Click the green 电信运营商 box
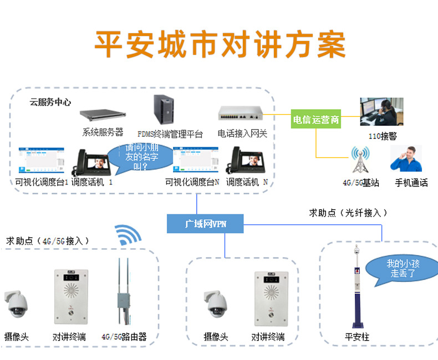316,120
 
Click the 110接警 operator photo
381,112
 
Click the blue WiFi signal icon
128,235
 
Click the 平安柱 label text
356,337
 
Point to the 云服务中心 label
50,102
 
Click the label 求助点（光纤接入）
348,213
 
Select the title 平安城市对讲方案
220,44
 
